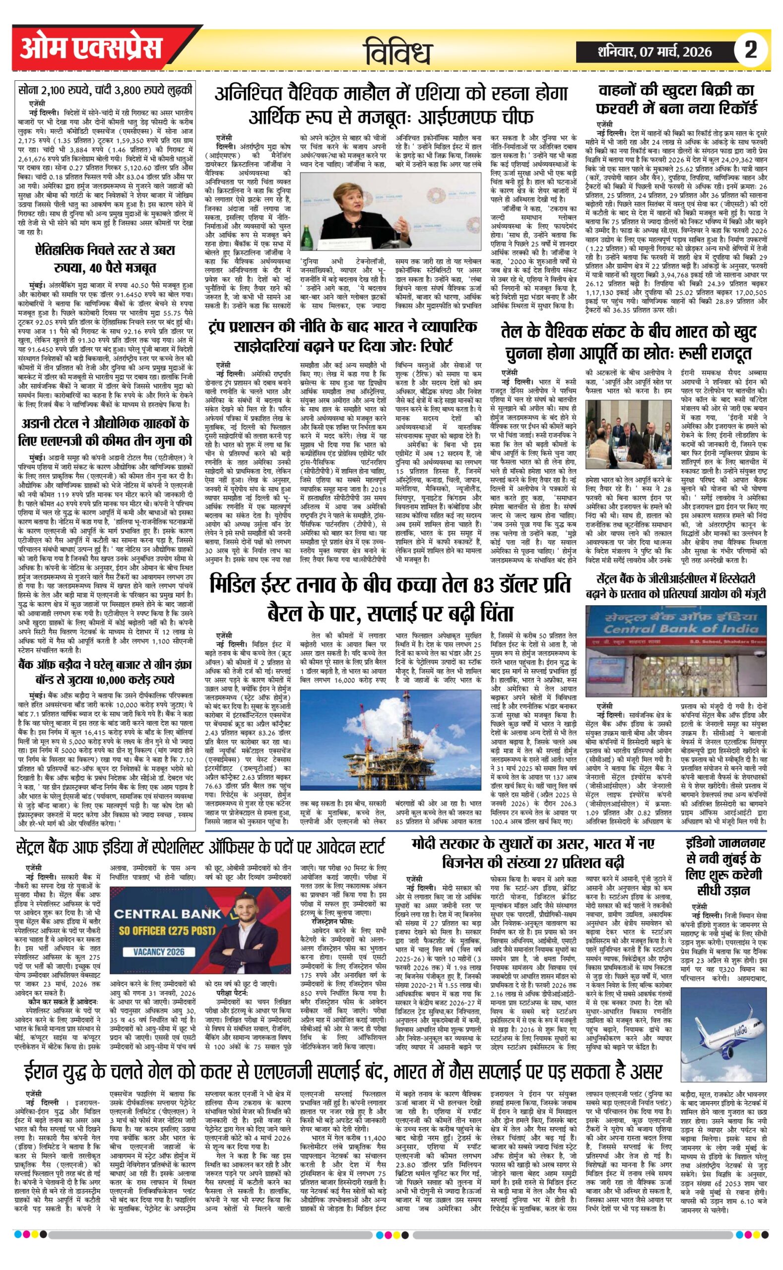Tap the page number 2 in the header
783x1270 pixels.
tap(750, 50)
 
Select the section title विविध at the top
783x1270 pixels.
tap(398, 52)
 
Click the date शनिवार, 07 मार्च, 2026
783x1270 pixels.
tap(654, 52)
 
